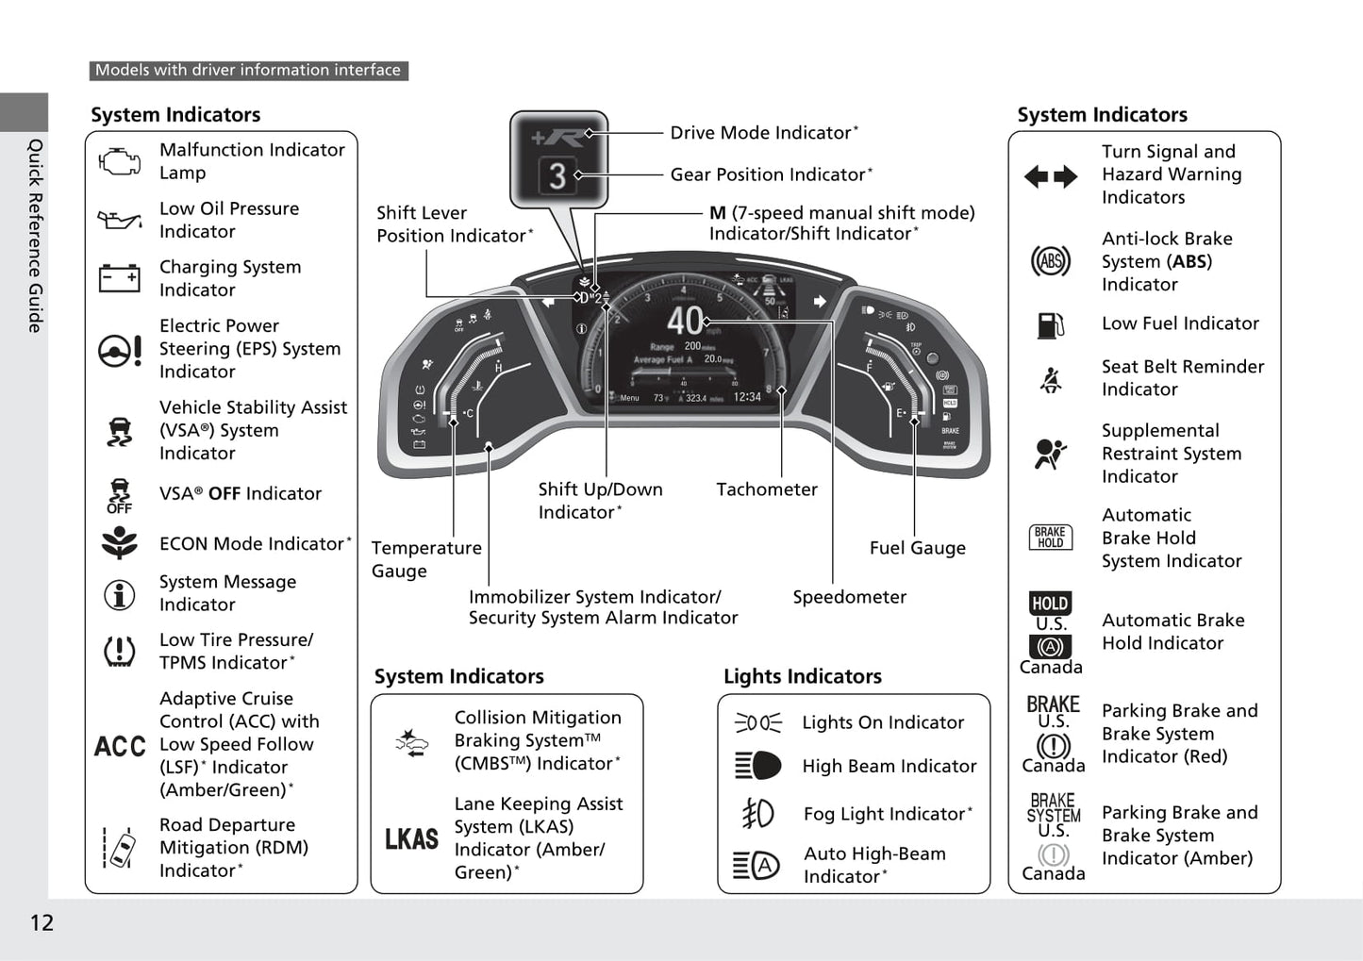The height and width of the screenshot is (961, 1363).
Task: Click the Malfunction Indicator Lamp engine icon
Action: pyautogui.click(x=119, y=161)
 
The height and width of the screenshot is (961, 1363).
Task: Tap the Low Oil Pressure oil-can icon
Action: pyautogui.click(x=119, y=221)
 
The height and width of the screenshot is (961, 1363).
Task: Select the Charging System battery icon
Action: pyautogui.click(x=119, y=278)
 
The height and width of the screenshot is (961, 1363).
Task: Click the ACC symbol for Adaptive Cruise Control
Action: pyautogui.click(x=120, y=746)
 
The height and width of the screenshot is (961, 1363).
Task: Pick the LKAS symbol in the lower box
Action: pyautogui.click(x=411, y=838)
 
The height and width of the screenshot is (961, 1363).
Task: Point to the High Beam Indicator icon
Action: pyautogui.click(x=757, y=766)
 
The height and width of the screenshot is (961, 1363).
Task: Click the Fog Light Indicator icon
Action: pyautogui.click(x=757, y=813)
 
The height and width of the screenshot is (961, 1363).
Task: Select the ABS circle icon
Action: pyautogui.click(x=1050, y=261)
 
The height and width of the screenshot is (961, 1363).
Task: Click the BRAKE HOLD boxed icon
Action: pyautogui.click(x=1050, y=538)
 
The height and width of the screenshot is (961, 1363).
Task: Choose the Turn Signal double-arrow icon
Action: pyautogui.click(x=1050, y=176)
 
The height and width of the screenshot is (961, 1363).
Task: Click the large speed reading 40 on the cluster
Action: pyautogui.click(x=686, y=322)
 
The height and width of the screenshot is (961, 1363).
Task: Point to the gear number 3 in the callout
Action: pyautogui.click(x=557, y=176)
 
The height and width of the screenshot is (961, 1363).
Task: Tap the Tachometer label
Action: pyautogui.click(x=766, y=489)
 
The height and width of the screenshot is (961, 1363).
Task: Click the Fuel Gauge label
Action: pyautogui.click(x=917, y=548)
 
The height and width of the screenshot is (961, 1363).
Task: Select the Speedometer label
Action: pyautogui.click(x=849, y=597)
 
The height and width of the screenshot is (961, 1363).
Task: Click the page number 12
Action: pyautogui.click(x=42, y=922)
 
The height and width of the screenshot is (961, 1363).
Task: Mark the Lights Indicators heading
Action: pyautogui.click(x=802, y=676)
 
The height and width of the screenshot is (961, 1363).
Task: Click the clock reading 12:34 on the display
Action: pyautogui.click(x=747, y=397)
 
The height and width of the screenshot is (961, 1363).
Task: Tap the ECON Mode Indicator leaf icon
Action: pyautogui.click(x=120, y=543)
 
